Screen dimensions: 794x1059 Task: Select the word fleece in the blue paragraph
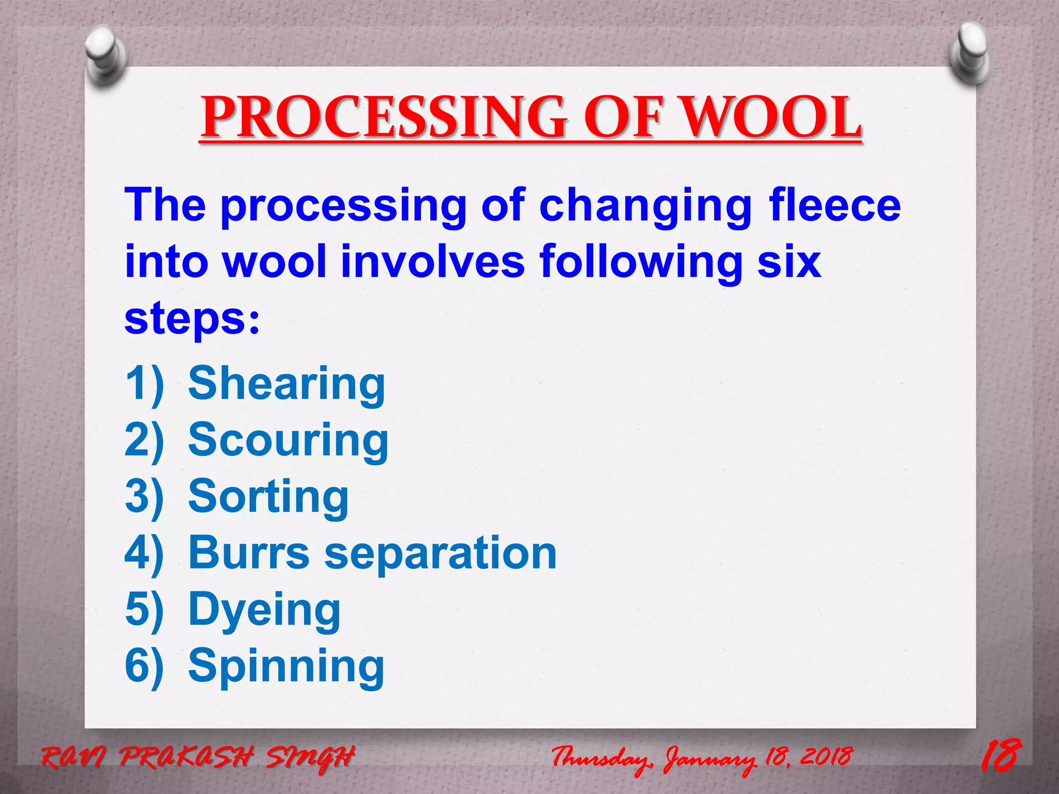[x=835, y=205]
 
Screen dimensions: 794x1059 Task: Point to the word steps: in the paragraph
[x=192, y=319]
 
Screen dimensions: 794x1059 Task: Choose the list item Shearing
[x=286, y=384]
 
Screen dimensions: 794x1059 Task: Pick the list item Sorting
[x=268, y=496]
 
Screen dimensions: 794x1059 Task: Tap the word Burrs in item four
[x=249, y=553]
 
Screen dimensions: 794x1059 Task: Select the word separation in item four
[x=441, y=553]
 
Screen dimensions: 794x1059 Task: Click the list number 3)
[x=144, y=496]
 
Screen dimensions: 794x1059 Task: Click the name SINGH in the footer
[x=310, y=758]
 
